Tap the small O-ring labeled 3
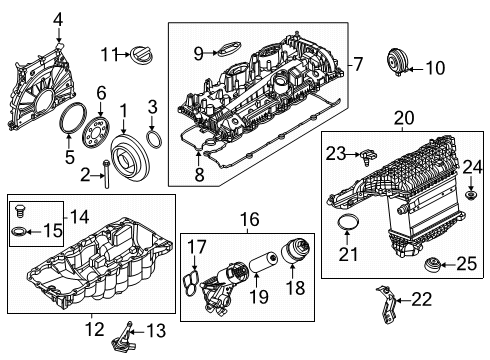(154, 137)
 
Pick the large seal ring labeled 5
(72, 123)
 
